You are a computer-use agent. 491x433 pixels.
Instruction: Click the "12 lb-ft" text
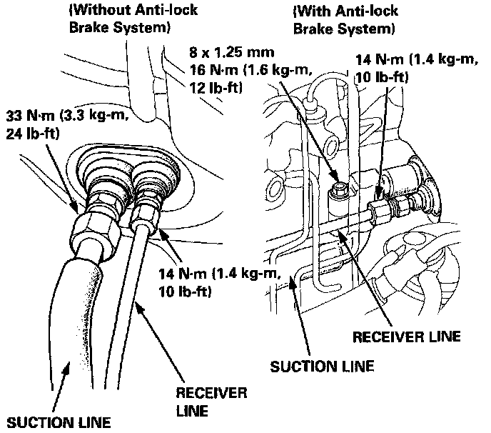[211, 89]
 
